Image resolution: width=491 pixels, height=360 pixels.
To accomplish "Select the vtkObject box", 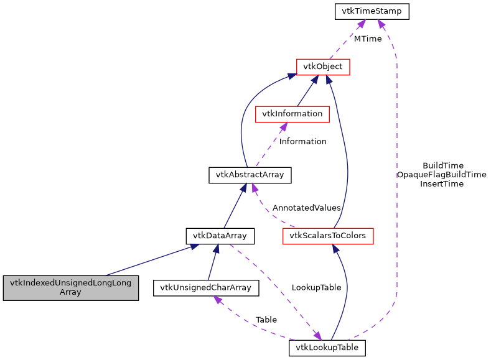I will click(323, 67).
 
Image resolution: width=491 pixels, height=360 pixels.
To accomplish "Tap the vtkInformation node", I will click(292, 114).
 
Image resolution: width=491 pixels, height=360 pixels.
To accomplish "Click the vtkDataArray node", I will click(220, 236).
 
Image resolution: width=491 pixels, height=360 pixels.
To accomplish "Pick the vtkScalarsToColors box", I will click(327, 236).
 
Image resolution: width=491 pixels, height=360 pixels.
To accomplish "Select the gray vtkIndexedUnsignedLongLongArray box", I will click(70, 287).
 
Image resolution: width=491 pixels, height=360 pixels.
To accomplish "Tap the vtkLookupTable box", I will click(327, 348).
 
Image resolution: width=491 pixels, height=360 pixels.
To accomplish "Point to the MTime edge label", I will click(368, 39).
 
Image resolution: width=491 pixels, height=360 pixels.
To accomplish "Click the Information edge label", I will click(302, 141).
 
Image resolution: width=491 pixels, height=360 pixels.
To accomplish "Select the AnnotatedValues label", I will click(306, 208).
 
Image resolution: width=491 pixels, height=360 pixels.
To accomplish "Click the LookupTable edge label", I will click(316, 288).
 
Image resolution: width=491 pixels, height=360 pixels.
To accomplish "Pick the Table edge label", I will click(266, 320).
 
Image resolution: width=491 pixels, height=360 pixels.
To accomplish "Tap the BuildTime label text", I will click(442, 165).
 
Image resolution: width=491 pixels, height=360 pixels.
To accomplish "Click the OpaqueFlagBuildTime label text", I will click(441, 175).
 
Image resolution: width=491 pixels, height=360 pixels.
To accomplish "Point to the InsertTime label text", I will click(442, 183).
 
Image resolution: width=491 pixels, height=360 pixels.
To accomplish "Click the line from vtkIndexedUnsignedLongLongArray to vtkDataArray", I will click(149, 261).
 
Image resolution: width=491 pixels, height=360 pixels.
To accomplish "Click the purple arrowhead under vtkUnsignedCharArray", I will click(218, 300).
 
